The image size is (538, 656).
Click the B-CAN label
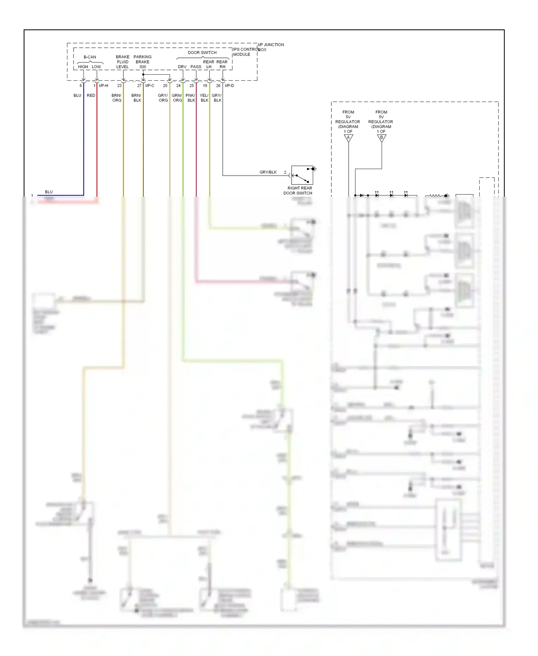coord(90,57)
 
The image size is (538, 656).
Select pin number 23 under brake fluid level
coord(119,86)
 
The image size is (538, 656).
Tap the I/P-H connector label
coord(104,86)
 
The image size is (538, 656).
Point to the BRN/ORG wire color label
coord(117,98)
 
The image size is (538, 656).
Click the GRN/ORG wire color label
coord(177,98)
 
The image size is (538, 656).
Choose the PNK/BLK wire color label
coord(190,98)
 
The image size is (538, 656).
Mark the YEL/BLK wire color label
coord(204,98)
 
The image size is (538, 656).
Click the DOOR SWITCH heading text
coord(202,53)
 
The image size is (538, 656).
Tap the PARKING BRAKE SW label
coord(142,62)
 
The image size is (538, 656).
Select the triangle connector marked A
coord(348,138)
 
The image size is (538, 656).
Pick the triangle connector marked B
coord(382,138)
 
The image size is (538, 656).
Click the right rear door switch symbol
coord(302,175)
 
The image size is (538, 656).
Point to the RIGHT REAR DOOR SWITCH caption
coord(299,191)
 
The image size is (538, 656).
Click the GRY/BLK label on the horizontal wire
coord(268,172)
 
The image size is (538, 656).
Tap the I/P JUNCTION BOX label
coord(271,47)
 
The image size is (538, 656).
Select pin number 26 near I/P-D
coord(218,86)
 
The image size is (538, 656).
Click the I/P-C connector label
coord(150,86)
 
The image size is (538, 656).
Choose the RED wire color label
coord(91,95)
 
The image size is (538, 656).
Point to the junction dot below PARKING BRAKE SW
coord(143,75)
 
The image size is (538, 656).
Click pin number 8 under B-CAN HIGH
coord(81,86)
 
